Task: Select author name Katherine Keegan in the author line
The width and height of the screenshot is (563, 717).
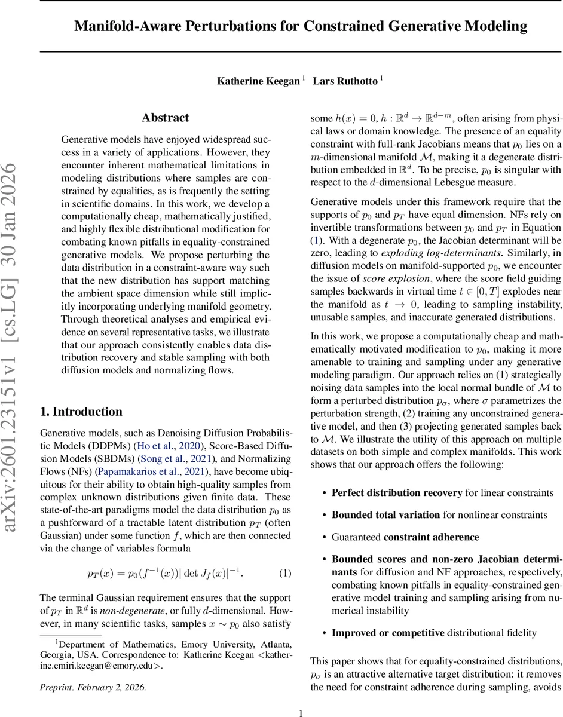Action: [x=258, y=81]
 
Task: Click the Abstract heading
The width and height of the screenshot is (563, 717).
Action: [x=165, y=118]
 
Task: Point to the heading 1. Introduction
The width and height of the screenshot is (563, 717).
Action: [x=81, y=412]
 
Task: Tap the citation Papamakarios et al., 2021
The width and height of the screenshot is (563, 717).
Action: [x=113, y=471]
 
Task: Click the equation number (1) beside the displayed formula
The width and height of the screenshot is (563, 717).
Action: [x=285, y=574]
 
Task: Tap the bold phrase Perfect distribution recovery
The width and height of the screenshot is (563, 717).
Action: [x=397, y=493]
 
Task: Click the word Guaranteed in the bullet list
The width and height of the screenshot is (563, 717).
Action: [x=356, y=537]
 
